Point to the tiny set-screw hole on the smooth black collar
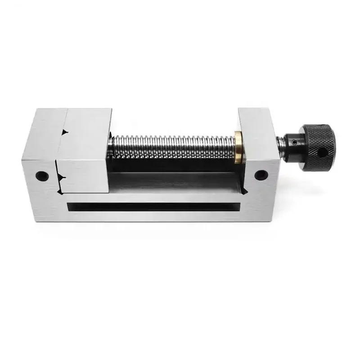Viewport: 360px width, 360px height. click(x=294, y=142)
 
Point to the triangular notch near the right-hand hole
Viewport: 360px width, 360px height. click(x=243, y=191)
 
